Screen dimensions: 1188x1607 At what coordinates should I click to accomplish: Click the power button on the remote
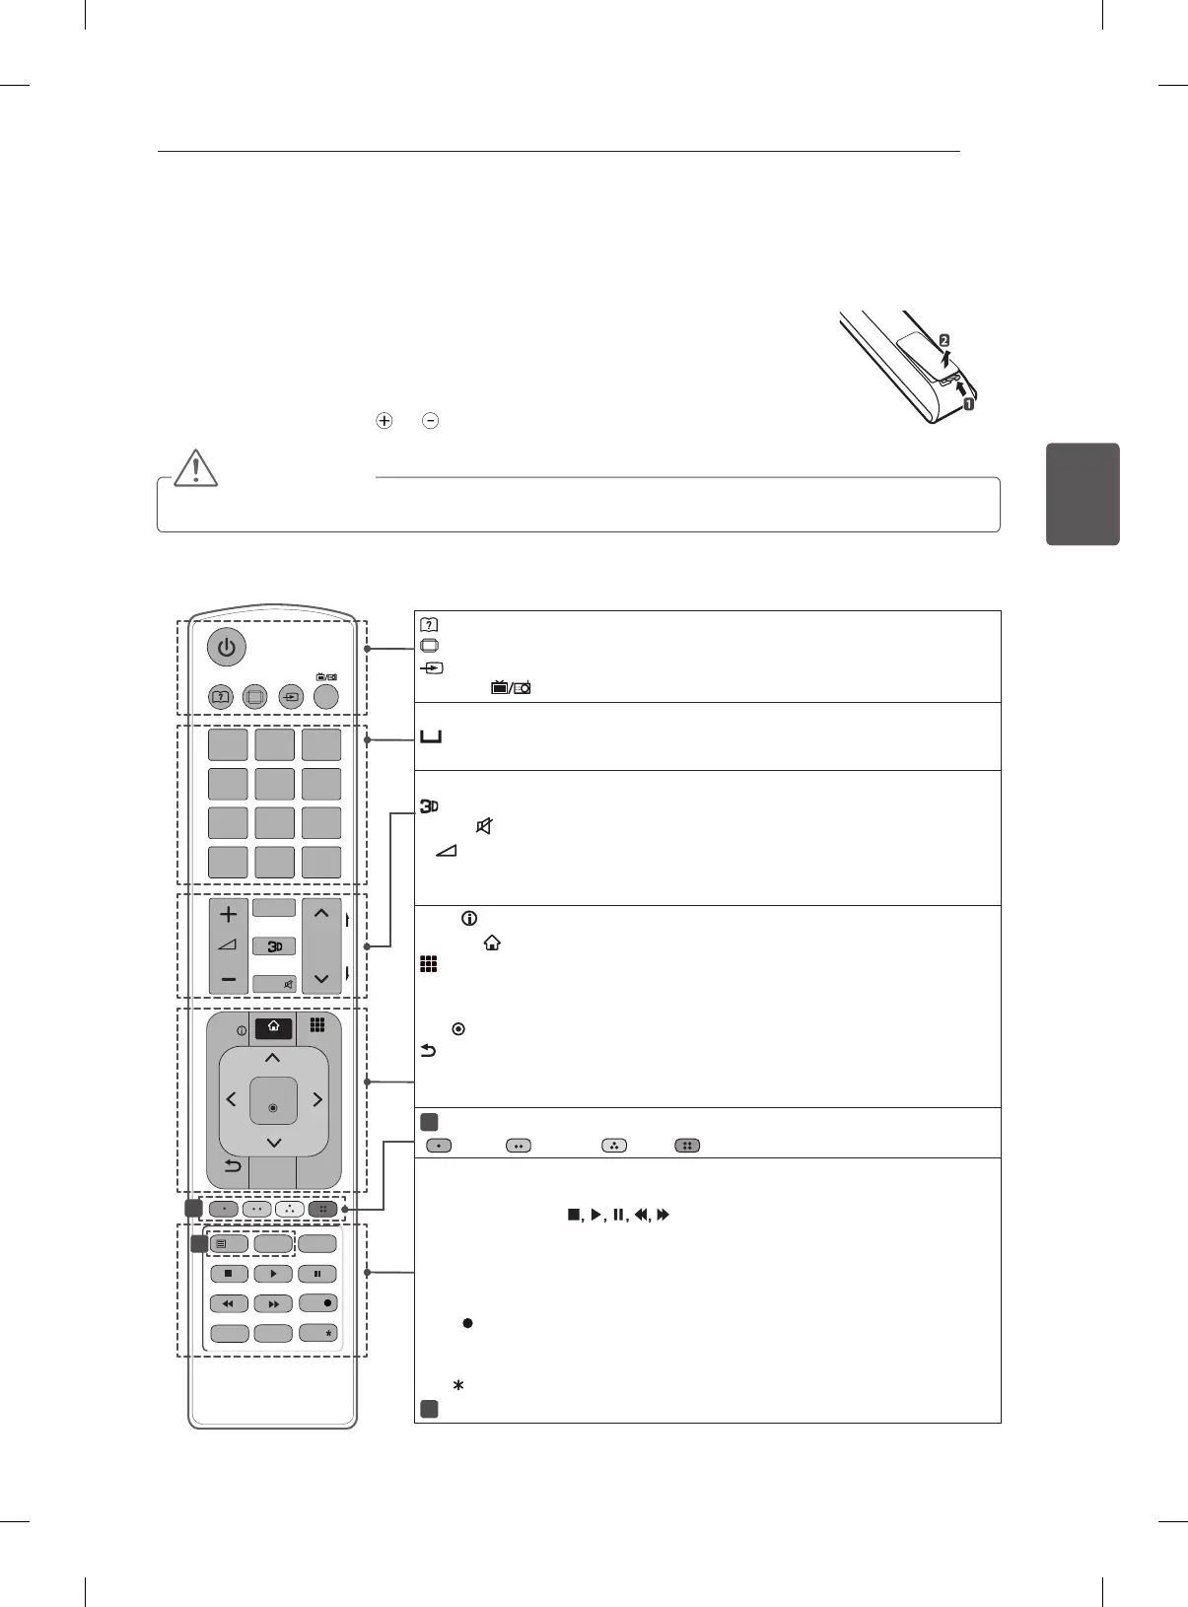227,648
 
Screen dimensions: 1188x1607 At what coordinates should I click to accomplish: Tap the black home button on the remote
273,1027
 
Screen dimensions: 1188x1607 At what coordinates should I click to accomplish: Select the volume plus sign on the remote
229,914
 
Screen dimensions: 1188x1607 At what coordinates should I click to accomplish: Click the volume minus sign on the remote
229,980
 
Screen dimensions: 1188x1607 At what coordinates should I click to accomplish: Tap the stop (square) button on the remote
229,1274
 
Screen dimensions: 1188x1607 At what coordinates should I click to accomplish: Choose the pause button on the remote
317,1274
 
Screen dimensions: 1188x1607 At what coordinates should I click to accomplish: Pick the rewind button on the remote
229,1303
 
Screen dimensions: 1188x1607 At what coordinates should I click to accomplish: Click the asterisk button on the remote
318,1333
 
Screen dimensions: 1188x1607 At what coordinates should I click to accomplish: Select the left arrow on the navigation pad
232,1099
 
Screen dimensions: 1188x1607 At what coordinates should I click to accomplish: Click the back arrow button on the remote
233,1166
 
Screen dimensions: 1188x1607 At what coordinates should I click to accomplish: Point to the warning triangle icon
196,467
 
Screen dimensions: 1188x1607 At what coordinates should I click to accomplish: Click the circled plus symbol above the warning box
384,421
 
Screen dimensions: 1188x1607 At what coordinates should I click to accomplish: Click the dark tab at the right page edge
1083,494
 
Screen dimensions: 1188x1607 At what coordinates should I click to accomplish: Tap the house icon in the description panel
492,943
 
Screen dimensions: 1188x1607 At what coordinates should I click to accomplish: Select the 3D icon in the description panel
429,806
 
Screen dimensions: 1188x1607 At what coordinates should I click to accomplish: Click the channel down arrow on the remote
321,979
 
